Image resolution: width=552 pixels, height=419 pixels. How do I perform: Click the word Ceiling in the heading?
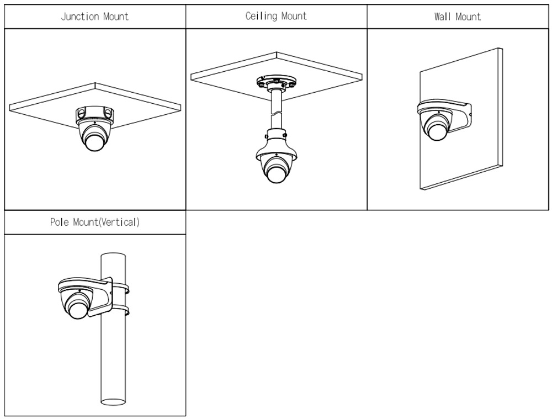pos(262,16)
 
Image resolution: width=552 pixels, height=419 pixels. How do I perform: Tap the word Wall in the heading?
pos(442,17)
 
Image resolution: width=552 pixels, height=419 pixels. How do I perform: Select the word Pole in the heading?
pos(59,222)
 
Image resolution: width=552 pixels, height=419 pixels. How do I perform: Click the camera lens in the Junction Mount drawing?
pos(94,141)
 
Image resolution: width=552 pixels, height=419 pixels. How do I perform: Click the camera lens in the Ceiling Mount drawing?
pos(275,172)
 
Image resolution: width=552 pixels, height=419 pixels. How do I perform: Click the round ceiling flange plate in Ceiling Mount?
pos(275,83)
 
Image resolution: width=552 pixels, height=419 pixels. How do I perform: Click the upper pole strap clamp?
pos(123,288)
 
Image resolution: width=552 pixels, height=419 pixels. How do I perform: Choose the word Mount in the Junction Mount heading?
pos(116,16)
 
